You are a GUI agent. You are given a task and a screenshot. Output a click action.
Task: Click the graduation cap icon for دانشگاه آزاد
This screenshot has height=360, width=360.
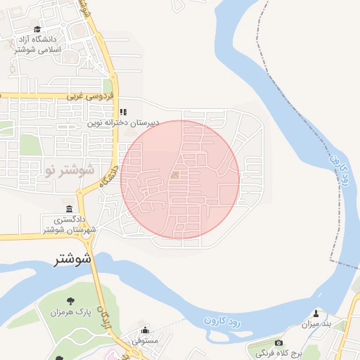coord(37,29)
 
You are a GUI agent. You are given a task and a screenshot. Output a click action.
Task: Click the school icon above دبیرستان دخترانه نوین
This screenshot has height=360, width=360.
coord(123,112)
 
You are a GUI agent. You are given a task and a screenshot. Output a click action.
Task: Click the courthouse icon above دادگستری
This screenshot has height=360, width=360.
coord(69,209)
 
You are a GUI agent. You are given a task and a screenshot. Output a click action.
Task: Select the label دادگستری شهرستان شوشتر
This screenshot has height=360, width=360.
coord(69,224)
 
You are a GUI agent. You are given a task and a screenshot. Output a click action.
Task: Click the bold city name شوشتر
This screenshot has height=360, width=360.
coord(73,259)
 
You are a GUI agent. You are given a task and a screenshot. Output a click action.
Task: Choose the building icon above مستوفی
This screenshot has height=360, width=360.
coord(146,330)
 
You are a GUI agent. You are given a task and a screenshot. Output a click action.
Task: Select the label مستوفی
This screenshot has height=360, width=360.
coord(146,341)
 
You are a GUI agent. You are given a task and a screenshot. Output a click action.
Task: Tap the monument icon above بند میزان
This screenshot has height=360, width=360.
coord(316,314)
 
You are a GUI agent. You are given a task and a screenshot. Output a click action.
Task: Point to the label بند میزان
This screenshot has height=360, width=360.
coord(316,324)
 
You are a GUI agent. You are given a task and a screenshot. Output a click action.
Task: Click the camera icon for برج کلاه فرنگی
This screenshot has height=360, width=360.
coord(278,342)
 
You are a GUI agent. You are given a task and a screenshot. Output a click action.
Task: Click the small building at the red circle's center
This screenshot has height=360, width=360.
coord(174,175)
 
